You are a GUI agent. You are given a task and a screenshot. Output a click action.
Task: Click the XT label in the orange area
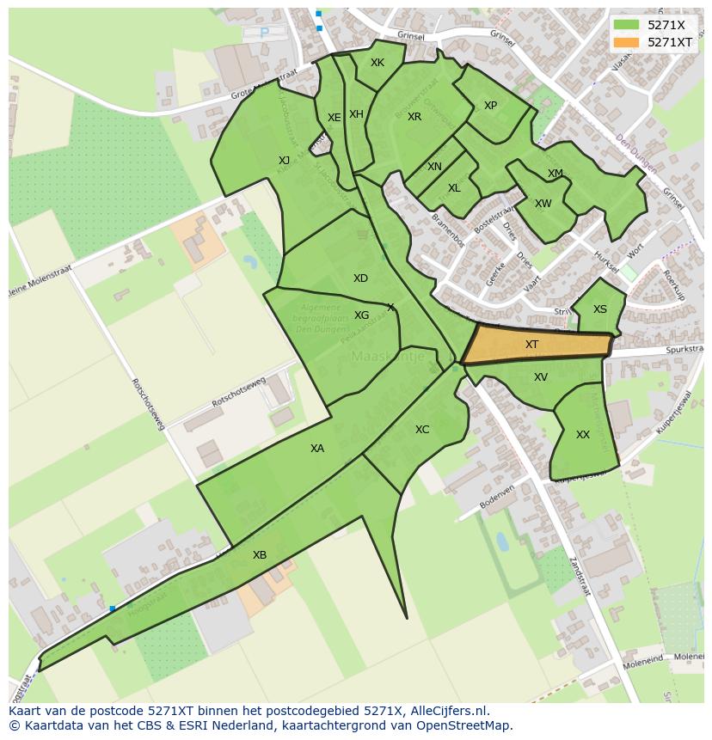click(x=531, y=345)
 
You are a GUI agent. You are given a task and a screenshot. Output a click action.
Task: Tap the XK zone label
click(x=377, y=63)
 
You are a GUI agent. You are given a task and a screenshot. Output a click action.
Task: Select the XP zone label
click(x=490, y=106)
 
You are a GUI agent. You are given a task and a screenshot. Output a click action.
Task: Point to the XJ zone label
click(x=284, y=161)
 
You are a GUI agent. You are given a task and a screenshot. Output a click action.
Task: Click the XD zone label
click(x=360, y=278)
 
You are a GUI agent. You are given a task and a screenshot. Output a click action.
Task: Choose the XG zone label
click(x=361, y=315)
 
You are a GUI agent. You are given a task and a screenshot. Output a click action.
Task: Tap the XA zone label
click(x=317, y=449)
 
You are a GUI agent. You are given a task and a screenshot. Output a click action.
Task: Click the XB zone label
click(x=260, y=555)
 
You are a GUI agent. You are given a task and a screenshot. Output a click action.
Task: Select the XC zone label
click(x=422, y=430)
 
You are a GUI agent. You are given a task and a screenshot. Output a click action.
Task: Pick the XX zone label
click(x=583, y=435)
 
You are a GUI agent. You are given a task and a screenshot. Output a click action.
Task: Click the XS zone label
click(x=600, y=309)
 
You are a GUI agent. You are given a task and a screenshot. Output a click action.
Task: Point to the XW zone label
click(x=543, y=204)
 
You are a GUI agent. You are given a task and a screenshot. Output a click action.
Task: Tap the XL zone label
click(x=454, y=188)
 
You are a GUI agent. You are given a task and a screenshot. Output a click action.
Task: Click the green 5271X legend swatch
click(x=625, y=25)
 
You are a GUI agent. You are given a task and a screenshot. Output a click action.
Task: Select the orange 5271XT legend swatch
click(x=625, y=42)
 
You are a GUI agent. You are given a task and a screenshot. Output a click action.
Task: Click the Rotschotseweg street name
click(x=238, y=394)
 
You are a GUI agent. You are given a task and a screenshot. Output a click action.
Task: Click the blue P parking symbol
click(x=264, y=34)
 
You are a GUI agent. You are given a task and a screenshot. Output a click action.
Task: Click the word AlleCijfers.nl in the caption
click(x=448, y=712)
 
